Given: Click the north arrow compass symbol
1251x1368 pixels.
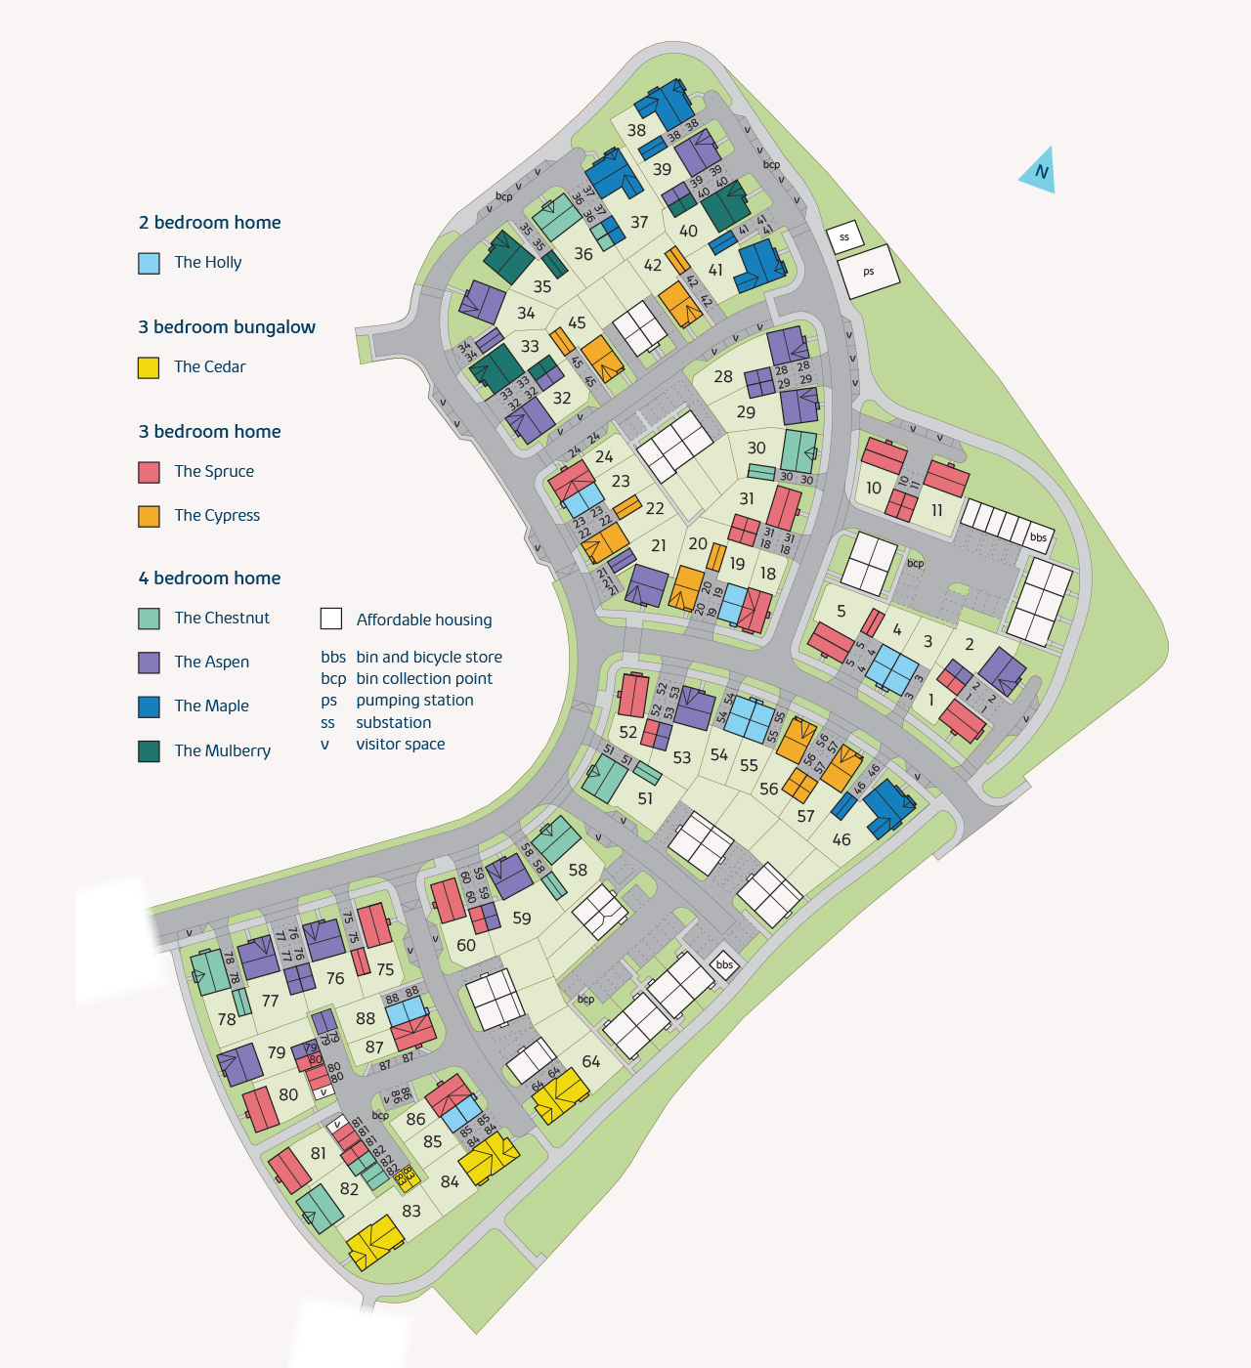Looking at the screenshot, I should tap(1039, 172).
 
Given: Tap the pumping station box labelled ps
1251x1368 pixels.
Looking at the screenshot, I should tap(868, 271).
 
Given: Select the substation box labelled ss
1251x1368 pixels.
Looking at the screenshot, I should tap(844, 237).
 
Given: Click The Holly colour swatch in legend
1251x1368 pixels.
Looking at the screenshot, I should tap(149, 263).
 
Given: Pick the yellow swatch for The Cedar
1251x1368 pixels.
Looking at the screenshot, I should tap(149, 367).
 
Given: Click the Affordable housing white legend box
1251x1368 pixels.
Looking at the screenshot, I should tap(331, 619).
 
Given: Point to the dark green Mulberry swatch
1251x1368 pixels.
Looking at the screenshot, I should tap(149, 750).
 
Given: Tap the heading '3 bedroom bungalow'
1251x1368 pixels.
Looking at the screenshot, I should tap(227, 327).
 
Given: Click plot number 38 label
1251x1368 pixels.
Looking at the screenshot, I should tap(636, 130).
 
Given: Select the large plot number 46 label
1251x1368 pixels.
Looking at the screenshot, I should tap(841, 839).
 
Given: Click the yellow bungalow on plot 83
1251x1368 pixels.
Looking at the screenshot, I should tap(374, 1243).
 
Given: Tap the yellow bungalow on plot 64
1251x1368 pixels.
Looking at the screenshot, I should tap(560, 1095).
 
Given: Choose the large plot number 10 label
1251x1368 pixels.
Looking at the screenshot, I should tap(874, 488).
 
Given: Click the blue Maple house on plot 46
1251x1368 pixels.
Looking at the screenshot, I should tap(887, 807).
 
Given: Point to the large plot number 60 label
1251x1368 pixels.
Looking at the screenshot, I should tap(466, 945).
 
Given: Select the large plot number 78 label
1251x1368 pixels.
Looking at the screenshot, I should tap(227, 1019).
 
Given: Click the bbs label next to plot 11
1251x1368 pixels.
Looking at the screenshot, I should tap(1038, 536).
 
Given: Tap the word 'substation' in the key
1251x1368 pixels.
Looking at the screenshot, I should tap(393, 722).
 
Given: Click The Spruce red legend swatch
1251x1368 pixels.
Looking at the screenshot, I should tap(149, 472).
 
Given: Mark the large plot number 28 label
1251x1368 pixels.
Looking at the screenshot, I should tap(723, 376).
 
